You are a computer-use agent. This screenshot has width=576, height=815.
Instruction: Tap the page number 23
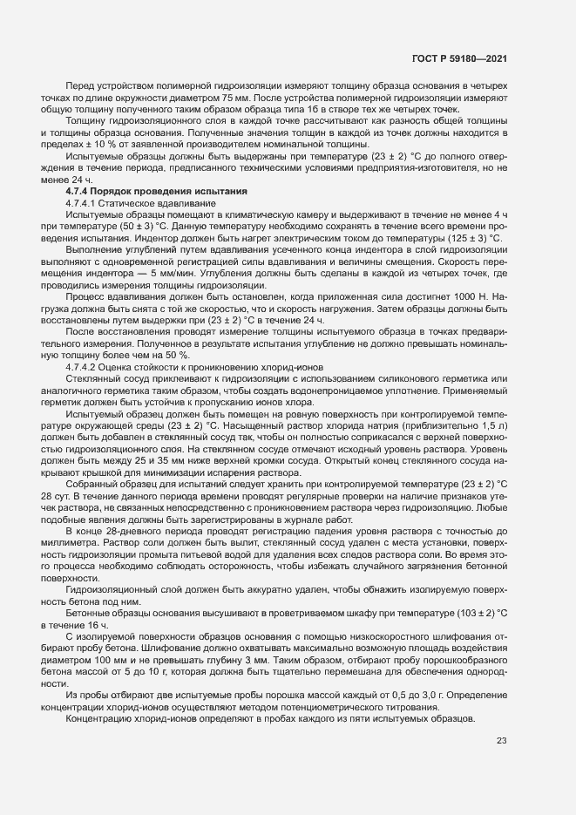click(502, 742)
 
